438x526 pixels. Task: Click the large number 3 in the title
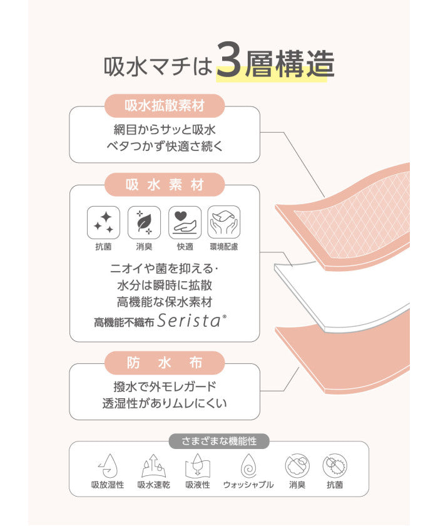click(229, 60)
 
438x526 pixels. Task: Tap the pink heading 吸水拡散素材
click(165, 106)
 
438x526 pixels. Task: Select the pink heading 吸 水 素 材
click(165, 185)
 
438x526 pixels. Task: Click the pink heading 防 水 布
click(165, 363)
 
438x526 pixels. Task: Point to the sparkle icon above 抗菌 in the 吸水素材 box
click(103, 222)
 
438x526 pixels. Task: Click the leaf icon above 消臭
click(144, 222)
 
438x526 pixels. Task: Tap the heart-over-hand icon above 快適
click(185, 222)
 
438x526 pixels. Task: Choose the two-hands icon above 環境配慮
click(224, 222)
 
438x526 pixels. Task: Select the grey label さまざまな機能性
click(219, 441)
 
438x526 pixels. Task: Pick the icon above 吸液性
click(198, 466)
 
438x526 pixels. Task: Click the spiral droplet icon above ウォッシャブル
click(248, 466)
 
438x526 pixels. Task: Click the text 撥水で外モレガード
click(165, 387)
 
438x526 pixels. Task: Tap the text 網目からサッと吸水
click(165, 130)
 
